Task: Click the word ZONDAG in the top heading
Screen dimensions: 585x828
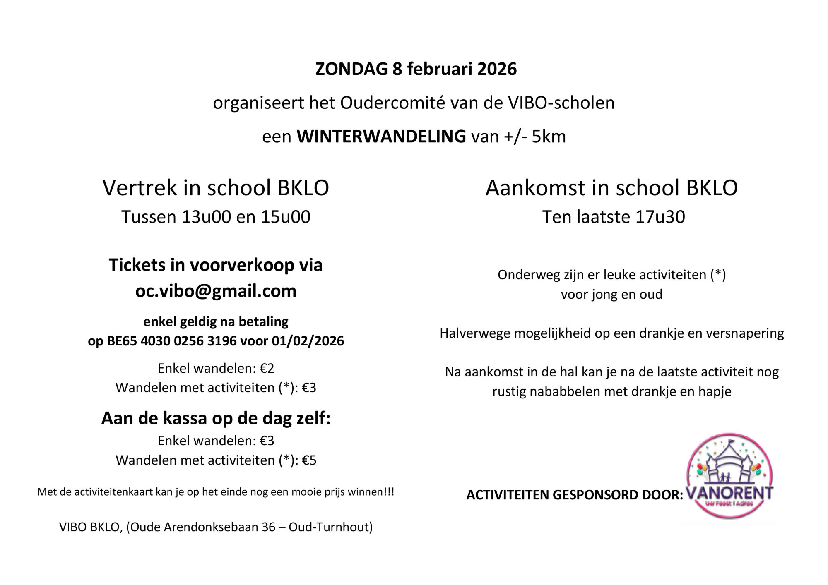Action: tap(351, 69)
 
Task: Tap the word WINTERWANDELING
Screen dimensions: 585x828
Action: tap(381, 137)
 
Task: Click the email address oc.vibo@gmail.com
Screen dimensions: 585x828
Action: tap(216, 291)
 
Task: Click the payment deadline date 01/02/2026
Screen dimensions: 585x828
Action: tap(308, 341)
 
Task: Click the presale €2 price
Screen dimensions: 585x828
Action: tap(267, 368)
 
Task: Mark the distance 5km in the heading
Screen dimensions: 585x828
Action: tap(549, 137)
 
